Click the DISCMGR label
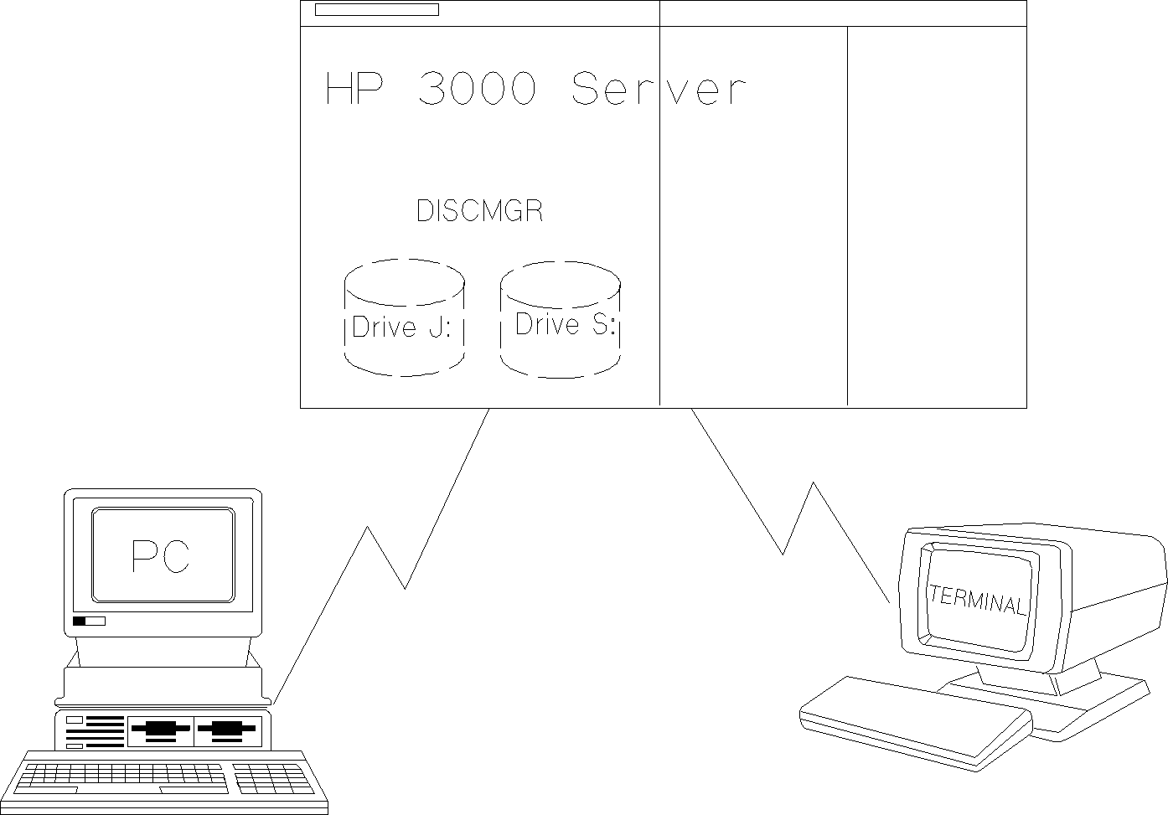tap(479, 211)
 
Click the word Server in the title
tap(658, 89)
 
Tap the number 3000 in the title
tap(475, 89)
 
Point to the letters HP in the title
tap(353, 89)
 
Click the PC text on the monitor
tap(162, 556)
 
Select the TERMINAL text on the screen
tap(977, 600)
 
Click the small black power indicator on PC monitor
tap(80, 621)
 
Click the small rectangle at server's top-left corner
tap(376, 10)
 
